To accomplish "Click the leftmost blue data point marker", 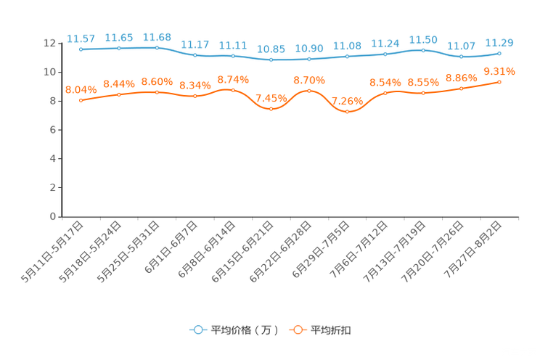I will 81,49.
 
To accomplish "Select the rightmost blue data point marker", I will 500,53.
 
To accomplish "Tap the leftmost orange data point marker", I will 81,100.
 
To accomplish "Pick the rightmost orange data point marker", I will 500,81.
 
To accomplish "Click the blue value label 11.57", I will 81,38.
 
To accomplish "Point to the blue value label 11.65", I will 119,37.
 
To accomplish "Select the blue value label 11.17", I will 195,44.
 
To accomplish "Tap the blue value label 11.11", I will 233,45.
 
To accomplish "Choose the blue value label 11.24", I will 385,43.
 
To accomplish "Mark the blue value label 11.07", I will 462,46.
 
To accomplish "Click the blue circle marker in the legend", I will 197,330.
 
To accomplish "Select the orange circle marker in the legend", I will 297,330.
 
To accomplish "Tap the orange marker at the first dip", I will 271,109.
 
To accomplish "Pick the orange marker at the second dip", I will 348,112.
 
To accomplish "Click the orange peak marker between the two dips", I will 309,91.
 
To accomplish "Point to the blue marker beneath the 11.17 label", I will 195,55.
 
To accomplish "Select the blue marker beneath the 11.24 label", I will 385,54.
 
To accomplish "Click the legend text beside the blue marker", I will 244,330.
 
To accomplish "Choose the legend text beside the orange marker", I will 331,330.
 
